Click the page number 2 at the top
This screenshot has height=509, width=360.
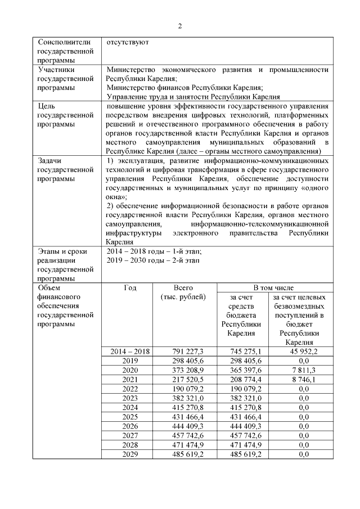click(x=180, y=26)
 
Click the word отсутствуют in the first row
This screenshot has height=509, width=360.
click(x=128, y=42)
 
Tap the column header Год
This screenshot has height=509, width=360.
click(x=130, y=288)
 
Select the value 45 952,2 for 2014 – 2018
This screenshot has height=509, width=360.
click(x=300, y=352)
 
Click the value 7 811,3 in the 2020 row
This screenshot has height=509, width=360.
click(x=300, y=369)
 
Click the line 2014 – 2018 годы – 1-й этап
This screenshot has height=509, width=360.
click(x=154, y=251)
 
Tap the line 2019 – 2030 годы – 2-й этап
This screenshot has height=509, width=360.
click(x=154, y=260)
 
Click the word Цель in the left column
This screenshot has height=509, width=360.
click(x=46, y=105)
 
